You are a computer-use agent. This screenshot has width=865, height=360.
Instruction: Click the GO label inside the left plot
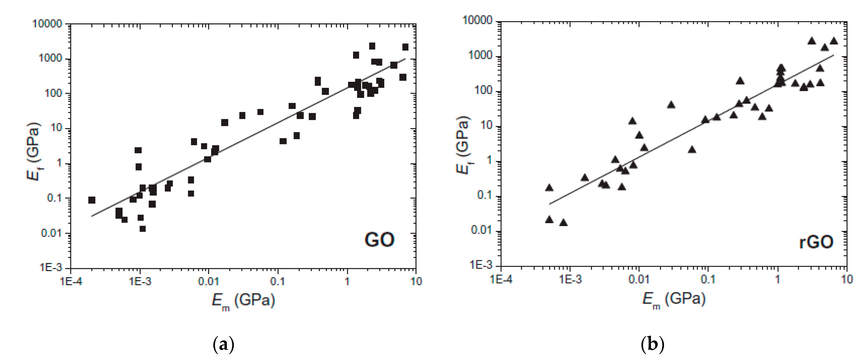point(379,240)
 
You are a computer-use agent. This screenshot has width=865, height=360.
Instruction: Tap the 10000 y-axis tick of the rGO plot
point(477,20)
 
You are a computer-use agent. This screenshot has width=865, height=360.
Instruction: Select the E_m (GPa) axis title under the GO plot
point(243,301)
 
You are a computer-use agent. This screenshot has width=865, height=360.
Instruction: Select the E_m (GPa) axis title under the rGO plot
point(674,299)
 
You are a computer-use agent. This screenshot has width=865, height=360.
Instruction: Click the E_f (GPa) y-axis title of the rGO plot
point(463,145)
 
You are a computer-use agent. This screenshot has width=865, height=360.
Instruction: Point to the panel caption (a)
point(223,345)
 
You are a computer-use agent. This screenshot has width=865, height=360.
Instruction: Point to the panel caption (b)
point(652,345)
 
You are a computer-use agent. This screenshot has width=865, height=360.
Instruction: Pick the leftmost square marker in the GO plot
point(92,200)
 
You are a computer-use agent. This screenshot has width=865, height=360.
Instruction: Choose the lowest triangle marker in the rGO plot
point(563,222)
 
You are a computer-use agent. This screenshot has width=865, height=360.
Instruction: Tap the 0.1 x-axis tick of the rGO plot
point(708,279)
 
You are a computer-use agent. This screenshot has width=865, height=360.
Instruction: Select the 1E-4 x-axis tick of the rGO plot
point(501,279)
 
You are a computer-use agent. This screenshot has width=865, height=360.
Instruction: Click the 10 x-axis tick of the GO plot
point(416,281)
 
